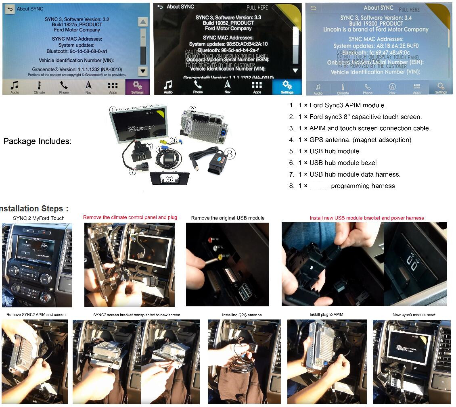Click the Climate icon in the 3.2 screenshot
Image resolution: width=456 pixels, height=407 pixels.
pos(39,86)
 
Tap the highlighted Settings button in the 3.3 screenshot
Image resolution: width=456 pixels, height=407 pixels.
pos(287,87)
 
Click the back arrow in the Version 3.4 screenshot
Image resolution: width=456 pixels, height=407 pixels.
pos(313,8)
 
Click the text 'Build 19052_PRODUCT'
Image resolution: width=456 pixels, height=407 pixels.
pos(228,23)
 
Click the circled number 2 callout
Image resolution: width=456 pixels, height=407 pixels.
pos(192,109)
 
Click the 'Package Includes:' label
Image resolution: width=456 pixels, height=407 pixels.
pos(37,141)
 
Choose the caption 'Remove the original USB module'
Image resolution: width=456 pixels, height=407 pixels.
pos(228,218)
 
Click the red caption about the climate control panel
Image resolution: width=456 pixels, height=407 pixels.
pos(130,217)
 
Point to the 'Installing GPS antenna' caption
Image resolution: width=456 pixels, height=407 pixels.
pos(242,315)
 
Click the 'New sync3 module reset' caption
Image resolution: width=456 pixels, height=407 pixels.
pos(414,315)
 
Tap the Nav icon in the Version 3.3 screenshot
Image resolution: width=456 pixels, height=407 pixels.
pos(228,86)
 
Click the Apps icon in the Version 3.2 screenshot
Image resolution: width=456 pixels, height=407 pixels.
pos(113,86)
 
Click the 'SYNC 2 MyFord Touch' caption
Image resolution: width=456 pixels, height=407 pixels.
pos(39,218)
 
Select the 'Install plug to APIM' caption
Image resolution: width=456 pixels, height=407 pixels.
pos(326,315)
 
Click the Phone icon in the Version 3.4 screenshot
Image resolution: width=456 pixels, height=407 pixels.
pos(367,88)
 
